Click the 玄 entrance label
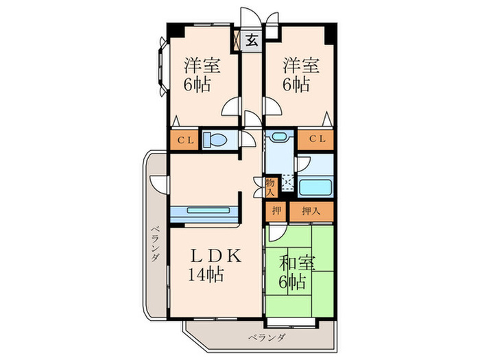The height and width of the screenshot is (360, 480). coord(252,39)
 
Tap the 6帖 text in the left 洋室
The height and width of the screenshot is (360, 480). coord(196,85)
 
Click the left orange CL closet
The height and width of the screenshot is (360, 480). coord(186,140)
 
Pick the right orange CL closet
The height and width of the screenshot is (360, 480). coord(316,140)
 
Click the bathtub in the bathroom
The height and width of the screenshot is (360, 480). coord(316,188)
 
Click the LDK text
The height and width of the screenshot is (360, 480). coord(215,256)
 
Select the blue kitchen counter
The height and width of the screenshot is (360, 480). coord(204,211)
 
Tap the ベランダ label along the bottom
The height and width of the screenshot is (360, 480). coord(266,338)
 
